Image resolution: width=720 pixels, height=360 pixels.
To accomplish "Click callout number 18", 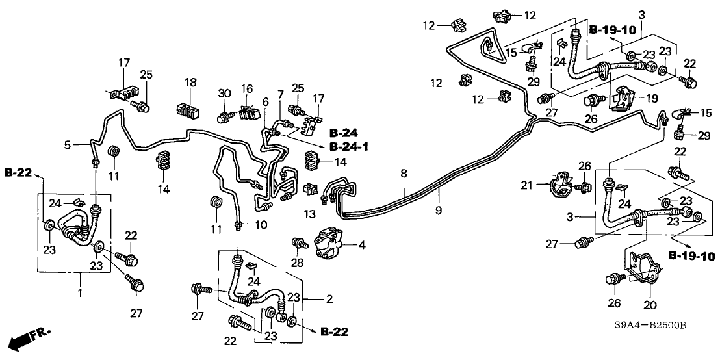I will pos(190,83).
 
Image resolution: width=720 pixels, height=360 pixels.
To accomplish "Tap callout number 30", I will pos(225,94).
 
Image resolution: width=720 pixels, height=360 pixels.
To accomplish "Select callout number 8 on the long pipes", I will pos(404,174).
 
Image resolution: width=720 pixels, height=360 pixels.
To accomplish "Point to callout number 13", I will pos(307,212).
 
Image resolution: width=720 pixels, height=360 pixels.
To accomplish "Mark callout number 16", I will pos(248,88).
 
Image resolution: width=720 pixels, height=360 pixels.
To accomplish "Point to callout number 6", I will pos(265,102).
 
